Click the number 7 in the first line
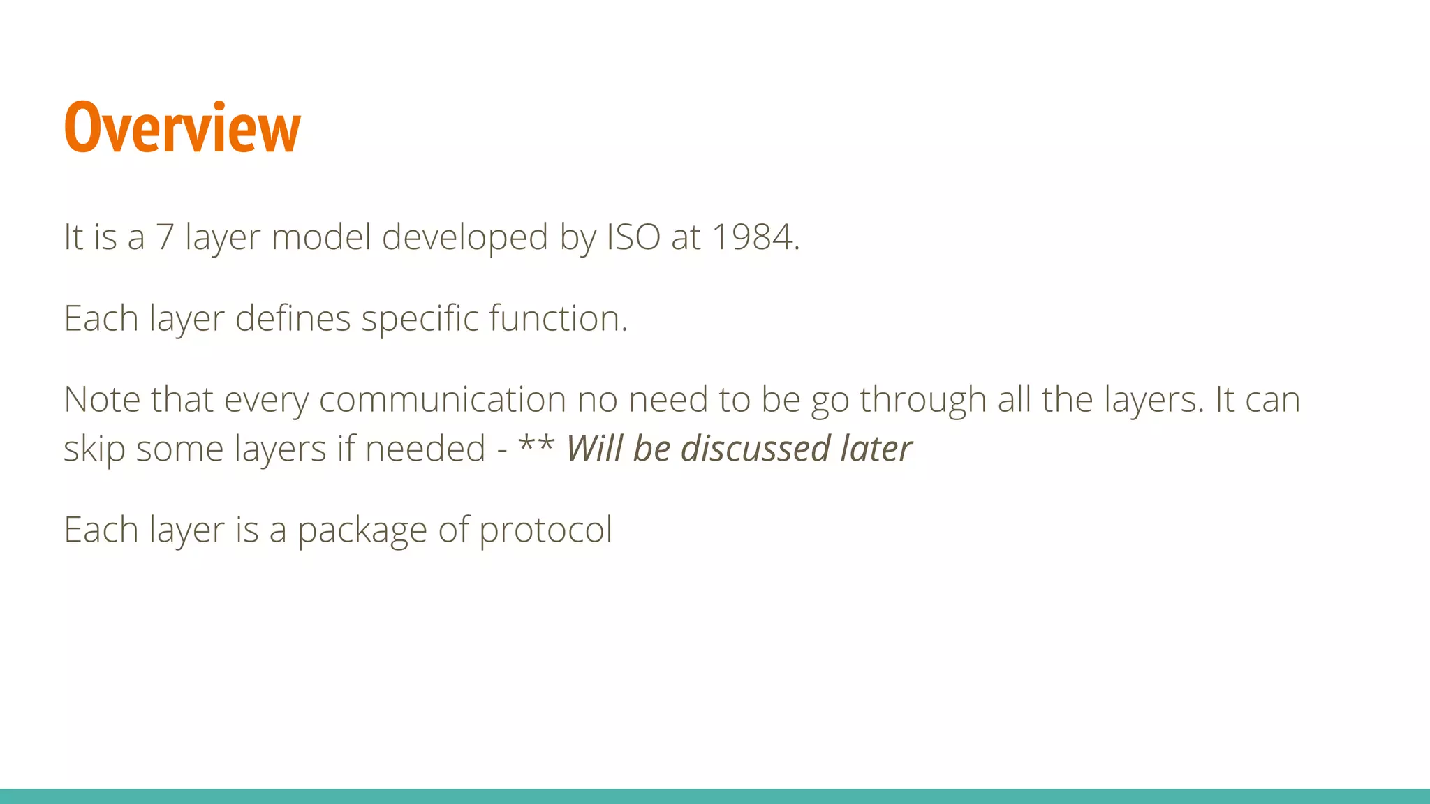tap(165, 237)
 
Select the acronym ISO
tap(633, 237)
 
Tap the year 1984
tap(754, 237)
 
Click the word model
tap(320, 237)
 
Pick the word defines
tap(293, 318)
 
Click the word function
tap(558, 318)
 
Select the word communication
tap(442, 400)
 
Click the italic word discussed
tap(755, 448)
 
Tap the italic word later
tap(876, 448)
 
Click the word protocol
tap(545, 530)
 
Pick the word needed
tap(425, 448)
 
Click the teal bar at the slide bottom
tap(715, 796)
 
